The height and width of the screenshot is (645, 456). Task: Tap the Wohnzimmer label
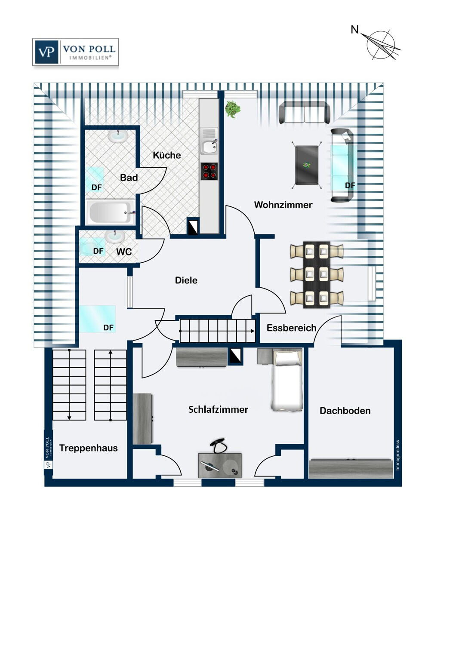[283, 205]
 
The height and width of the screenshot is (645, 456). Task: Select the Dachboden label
[345, 411]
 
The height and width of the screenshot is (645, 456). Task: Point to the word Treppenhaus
[89, 448]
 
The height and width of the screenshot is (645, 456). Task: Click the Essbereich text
[292, 328]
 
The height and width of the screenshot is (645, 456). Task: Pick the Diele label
[186, 280]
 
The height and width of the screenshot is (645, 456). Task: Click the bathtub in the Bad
[111, 212]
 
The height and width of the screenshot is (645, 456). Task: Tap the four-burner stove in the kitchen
[209, 171]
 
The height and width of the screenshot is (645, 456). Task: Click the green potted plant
[232, 109]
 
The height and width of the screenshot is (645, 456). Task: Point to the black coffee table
[307, 165]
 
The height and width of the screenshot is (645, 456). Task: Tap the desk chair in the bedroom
[218, 446]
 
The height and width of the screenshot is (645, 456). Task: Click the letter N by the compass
[355, 30]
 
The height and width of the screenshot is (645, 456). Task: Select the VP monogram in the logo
[46, 52]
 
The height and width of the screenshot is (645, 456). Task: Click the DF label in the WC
[98, 251]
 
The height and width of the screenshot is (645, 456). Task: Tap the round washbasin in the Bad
[118, 136]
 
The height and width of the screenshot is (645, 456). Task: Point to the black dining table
[317, 275]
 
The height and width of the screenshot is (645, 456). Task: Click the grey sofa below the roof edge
[305, 113]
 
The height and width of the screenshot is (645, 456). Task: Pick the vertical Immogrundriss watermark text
[397, 455]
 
